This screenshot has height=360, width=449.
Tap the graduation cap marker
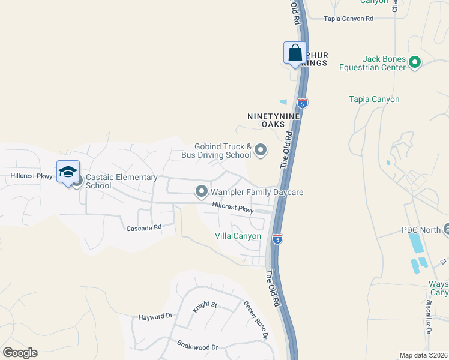(68, 172)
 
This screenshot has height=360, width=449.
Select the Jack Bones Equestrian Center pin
(415, 61)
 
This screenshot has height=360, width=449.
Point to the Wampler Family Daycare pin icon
(202, 192)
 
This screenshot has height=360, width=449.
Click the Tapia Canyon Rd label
(348, 19)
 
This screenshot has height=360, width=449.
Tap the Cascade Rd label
(144, 228)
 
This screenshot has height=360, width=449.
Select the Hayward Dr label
(155, 316)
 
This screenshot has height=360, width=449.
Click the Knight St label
(204, 305)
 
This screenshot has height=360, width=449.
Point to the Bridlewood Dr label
(197, 346)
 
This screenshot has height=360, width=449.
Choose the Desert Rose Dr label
(255, 319)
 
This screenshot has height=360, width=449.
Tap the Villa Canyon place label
(238, 236)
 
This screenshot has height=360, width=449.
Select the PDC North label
(420, 230)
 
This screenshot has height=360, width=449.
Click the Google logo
(20, 352)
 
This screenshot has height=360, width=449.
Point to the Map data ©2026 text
(423, 355)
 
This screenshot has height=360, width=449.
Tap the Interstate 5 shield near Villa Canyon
(277, 239)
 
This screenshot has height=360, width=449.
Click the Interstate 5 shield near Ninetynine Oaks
(303, 103)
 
